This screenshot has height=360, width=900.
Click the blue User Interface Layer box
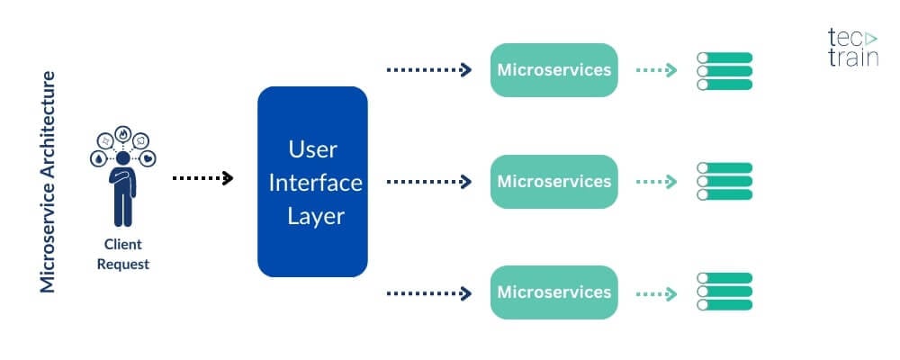(312, 181)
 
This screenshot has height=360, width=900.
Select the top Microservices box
(553, 70)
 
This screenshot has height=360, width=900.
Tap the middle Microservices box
(553, 181)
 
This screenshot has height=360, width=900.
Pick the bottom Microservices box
(553, 292)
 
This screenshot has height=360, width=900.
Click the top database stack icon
(724, 70)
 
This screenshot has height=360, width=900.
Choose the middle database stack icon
(724, 181)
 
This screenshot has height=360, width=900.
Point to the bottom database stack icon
(724, 292)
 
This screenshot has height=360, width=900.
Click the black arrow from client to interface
(202, 178)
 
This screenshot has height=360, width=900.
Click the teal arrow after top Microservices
(656, 70)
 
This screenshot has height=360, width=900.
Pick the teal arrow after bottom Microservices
(656, 292)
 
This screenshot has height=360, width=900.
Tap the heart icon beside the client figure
(149, 157)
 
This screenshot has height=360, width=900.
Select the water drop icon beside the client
(97, 157)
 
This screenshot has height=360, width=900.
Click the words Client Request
(123, 254)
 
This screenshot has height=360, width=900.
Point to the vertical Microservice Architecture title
(49, 181)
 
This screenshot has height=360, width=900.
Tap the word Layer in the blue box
(312, 216)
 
